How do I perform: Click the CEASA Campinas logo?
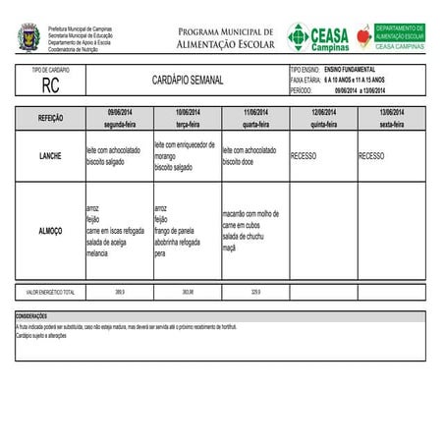coord(317,37)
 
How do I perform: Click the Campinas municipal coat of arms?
coord(29,38)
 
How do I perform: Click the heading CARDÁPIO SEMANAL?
coord(188,79)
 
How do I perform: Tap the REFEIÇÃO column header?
coord(51,118)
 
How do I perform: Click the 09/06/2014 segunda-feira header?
coord(119,119)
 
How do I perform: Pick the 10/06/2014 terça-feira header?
coord(187,119)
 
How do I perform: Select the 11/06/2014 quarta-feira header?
coord(254,119)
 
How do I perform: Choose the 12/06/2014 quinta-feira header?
coord(322,119)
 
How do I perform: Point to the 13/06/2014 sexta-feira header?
coord(391,119)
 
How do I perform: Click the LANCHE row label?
coord(51,156)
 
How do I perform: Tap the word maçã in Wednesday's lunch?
coord(229,248)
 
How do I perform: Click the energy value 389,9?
coord(120,292)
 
